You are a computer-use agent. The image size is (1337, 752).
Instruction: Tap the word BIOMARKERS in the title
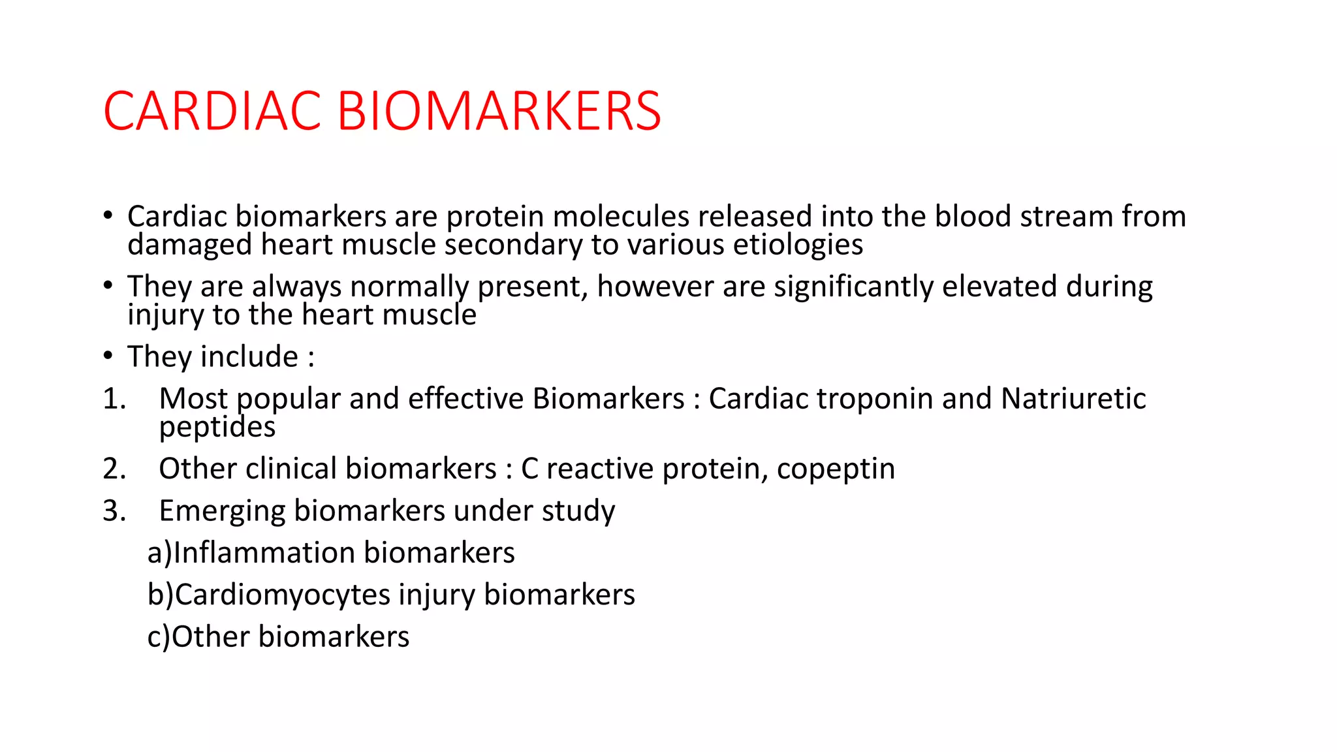(x=499, y=111)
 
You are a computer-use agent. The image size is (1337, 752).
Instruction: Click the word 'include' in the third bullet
(x=249, y=357)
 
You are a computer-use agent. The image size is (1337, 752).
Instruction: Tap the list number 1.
(x=114, y=399)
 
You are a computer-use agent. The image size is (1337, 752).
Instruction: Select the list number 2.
(x=114, y=469)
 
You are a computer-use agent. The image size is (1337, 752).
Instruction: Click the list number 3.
(x=114, y=510)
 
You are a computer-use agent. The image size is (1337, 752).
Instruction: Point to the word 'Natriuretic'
(x=1073, y=399)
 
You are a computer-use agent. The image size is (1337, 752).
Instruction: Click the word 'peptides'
(x=217, y=428)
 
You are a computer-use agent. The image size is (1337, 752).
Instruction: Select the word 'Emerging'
(x=222, y=511)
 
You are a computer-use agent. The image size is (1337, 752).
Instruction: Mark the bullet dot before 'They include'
(x=108, y=356)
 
